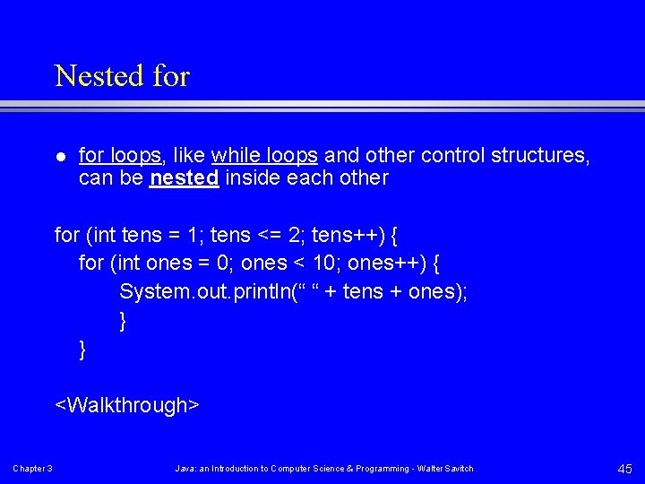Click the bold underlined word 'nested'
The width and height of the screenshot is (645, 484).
pyautogui.click(x=185, y=177)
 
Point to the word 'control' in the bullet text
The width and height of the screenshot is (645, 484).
pyautogui.click(x=452, y=155)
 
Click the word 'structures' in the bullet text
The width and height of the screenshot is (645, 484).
pyautogui.click(x=540, y=155)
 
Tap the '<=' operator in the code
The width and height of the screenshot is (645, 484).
pyautogui.click(x=270, y=236)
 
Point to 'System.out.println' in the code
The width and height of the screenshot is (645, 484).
pyautogui.click(x=197, y=291)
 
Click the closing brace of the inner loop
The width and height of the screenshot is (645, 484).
pyautogui.click(x=123, y=320)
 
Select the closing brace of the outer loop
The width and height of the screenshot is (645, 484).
pyautogui.click(x=82, y=349)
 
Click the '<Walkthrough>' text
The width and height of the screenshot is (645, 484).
pyautogui.click(x=127, y=405)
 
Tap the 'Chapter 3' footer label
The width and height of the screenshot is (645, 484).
pyautogui.click(x=32, y=469)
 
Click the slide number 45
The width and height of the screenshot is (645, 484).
pyautogui.click(x=623, y=468)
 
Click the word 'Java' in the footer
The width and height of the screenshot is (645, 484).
pyautogui.click(x=185, y=469)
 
